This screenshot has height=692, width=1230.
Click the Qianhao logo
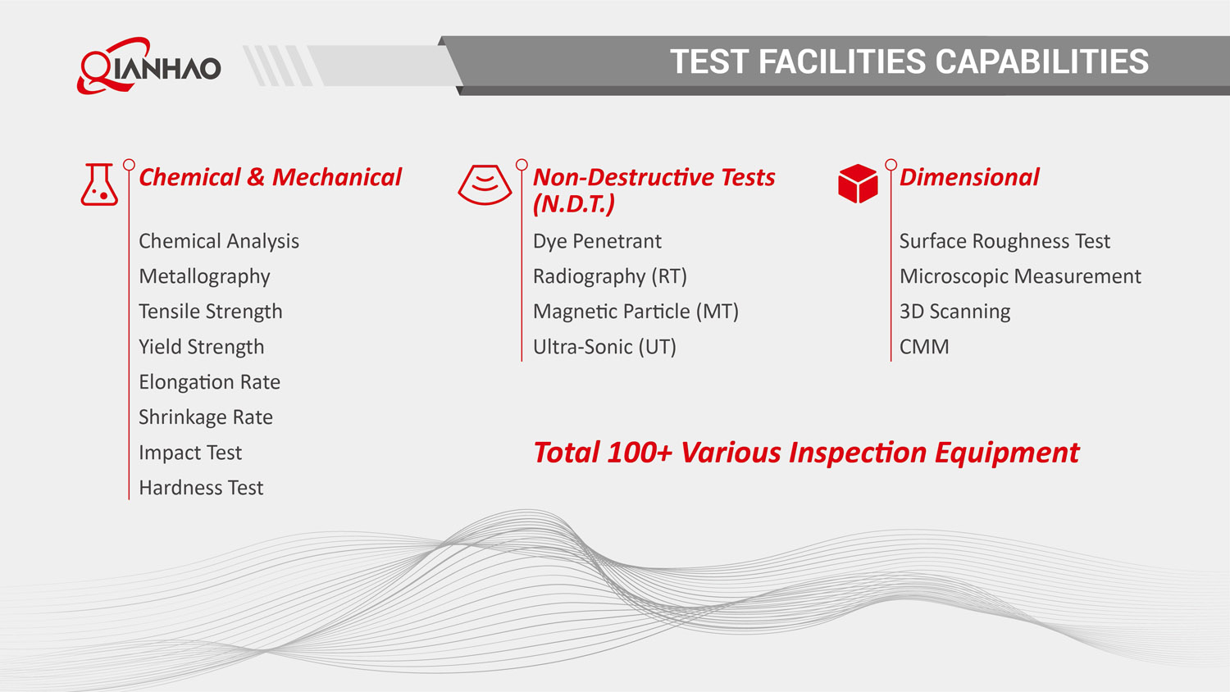pos(148,66)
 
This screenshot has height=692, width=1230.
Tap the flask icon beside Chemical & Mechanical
pos(99,184)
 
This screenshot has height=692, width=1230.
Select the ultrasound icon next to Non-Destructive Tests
pos(485,184)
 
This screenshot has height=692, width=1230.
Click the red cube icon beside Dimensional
pos(858,184)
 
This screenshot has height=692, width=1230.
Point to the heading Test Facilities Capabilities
pos(909,61)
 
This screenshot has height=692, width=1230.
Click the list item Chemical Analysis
pos(219,241)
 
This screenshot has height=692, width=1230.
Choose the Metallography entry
pos(204,277)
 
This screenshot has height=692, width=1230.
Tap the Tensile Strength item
pos(211,312)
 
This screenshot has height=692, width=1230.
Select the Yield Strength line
pos(202,347)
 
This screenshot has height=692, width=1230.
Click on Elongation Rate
pos(210,382)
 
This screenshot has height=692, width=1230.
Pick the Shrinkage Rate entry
pos(206,417)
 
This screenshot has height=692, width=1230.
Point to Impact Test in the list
pos(190,453)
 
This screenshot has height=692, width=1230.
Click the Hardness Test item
pos(202,488)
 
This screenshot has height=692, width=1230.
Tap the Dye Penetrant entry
pos(598,241)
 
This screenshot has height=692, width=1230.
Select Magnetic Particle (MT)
pos(635,312)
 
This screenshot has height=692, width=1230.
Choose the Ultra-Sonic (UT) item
pos(604,347)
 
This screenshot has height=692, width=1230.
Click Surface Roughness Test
pos(1004,241)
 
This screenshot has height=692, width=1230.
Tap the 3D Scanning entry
pos(955,312)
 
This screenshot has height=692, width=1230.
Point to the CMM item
pos(924,347)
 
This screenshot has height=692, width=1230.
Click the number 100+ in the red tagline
pos(640,453)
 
